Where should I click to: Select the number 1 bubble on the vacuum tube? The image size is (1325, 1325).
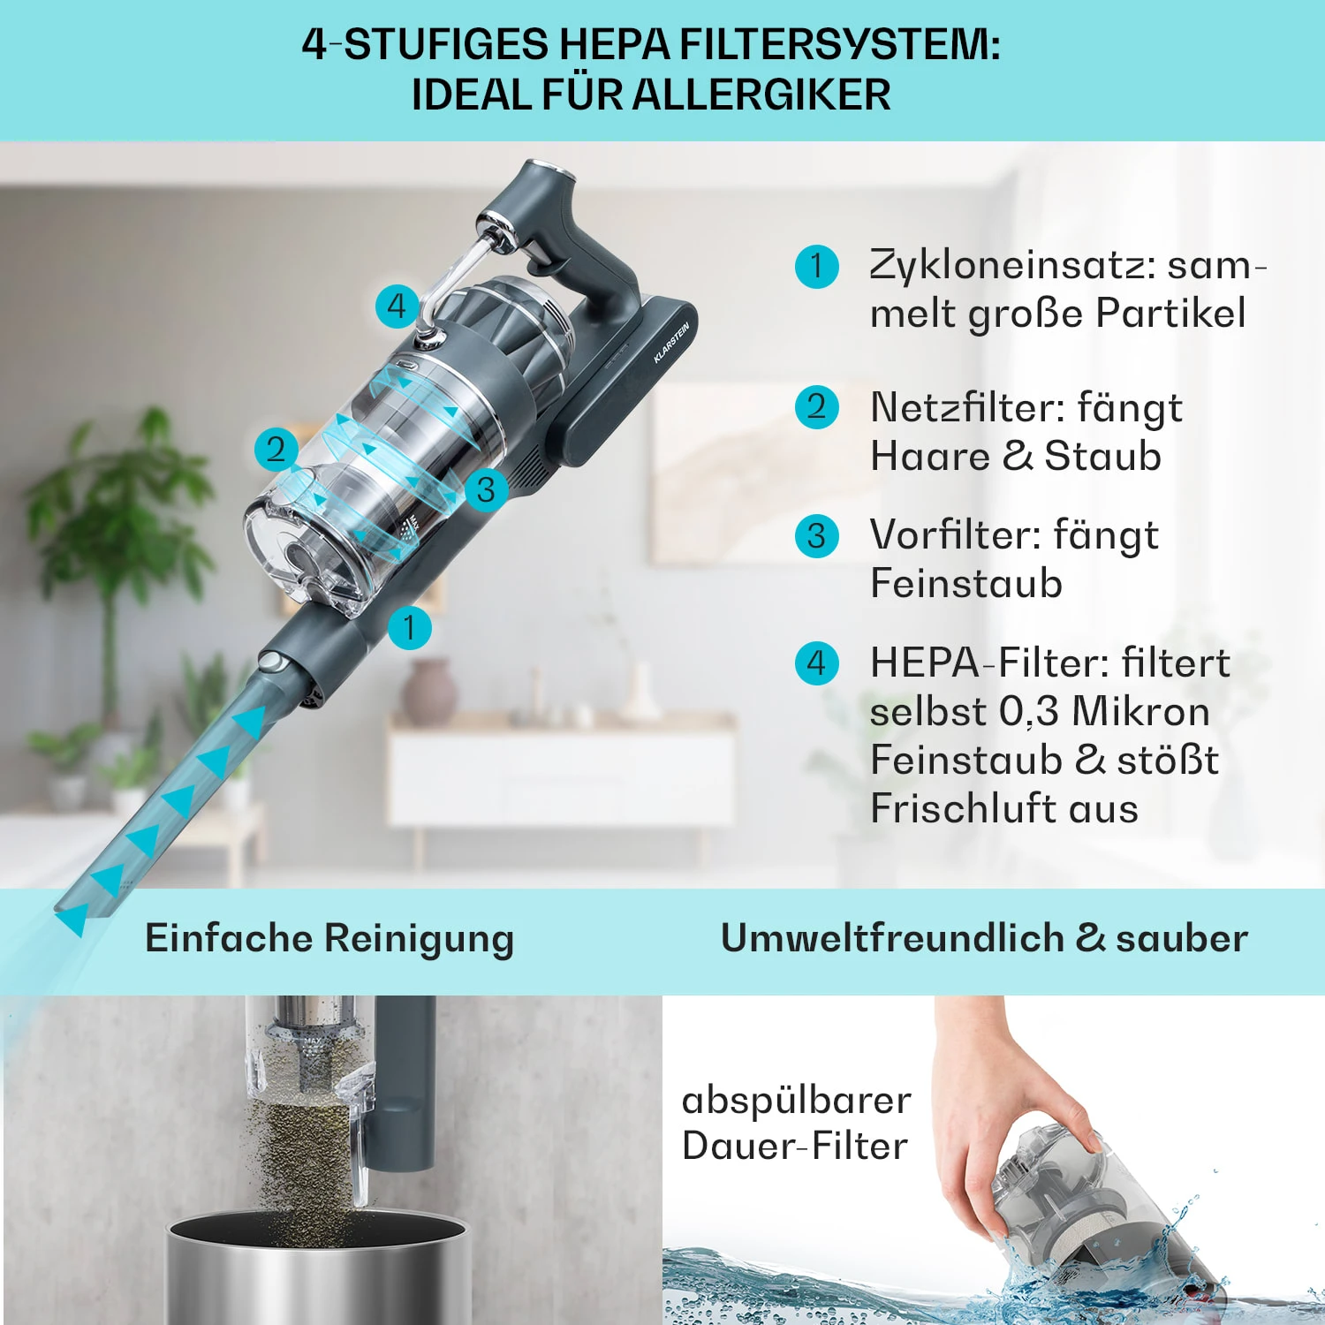pos(409,627)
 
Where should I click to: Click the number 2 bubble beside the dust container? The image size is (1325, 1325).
pos(276,449)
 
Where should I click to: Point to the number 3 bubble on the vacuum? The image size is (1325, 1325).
pos(486,489)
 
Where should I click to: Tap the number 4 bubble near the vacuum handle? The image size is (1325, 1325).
pos(397,307)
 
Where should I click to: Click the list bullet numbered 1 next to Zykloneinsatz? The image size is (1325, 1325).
pos(816,266)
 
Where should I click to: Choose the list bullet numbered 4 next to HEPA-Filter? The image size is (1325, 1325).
pos(816,662)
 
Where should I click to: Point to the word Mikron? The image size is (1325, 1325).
pos(1140,711)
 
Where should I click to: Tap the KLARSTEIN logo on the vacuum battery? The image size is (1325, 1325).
pos(671,343)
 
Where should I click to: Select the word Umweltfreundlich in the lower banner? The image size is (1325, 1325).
pos(892,938)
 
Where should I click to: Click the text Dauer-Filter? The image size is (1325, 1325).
pos(795,1147)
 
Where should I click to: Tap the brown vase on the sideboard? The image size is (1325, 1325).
pos(428,693)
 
